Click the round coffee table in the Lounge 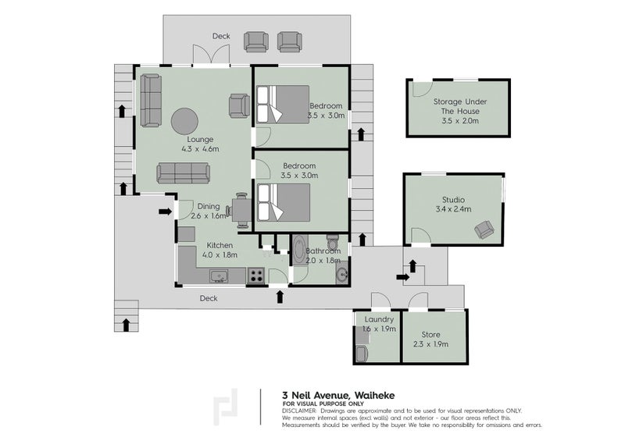tap(184, 122)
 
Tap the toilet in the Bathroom tap(333, 241)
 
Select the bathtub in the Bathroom tap(298, 250)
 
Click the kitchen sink tap(219, 276)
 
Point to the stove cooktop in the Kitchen tap(256, 276)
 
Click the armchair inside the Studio tap(484, 229)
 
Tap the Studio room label tap(453, 200)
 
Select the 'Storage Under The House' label tap(460, 106)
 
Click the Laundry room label tap(379, 319)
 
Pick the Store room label tap(431, 335)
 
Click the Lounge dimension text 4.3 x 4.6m tap(200, 149)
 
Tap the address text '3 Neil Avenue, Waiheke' tap(338, 395)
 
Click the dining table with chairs tap(239, 211)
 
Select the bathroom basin tap(342, 274)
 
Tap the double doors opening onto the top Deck tap(211, 54)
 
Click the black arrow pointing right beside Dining tap(166, 212)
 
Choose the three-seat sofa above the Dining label tap(184, 173)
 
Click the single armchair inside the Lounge tap(239, 105)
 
